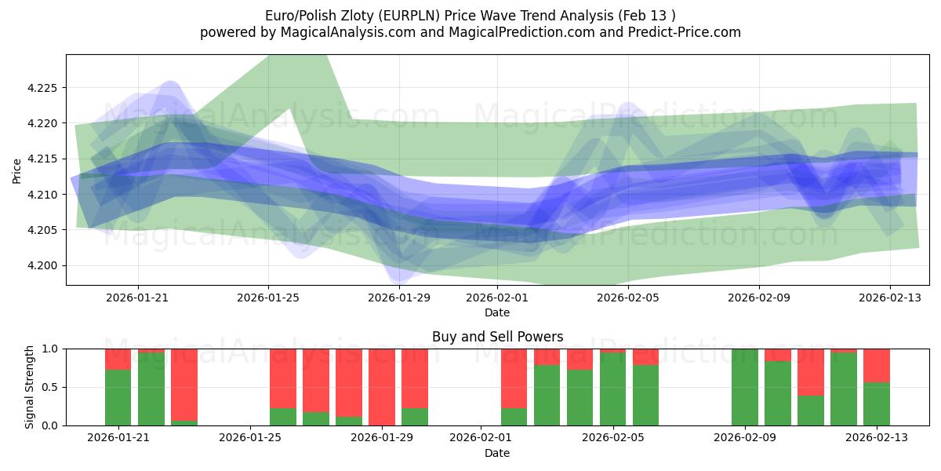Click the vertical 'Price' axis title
[x=16, y=170]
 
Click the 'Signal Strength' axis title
[x=29, y=387]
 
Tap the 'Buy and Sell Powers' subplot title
[x=497, y=337]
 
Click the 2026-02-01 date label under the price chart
[x=497, y=298]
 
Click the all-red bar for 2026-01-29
[x=382, y=387]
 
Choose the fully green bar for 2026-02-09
[x=745, y=387]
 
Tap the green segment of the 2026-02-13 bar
[x=877, y=404]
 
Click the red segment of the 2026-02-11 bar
[x=811, y=372]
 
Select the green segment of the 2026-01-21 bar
[x=118, y=398]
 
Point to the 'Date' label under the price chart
[x=497, y=312]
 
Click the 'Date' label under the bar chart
[x=497, y=453]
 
